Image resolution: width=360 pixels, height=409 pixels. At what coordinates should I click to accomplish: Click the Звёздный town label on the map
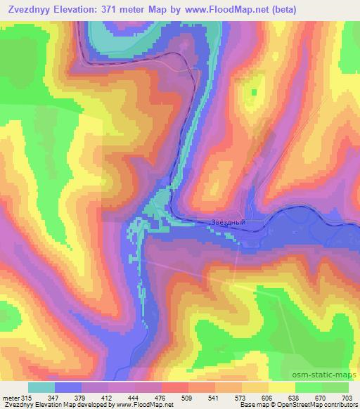coord(229,223)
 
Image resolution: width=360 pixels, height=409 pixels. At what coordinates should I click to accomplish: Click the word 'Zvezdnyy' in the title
coord(34,9)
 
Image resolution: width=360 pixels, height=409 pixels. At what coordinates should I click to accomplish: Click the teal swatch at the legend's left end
coord(41,387)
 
